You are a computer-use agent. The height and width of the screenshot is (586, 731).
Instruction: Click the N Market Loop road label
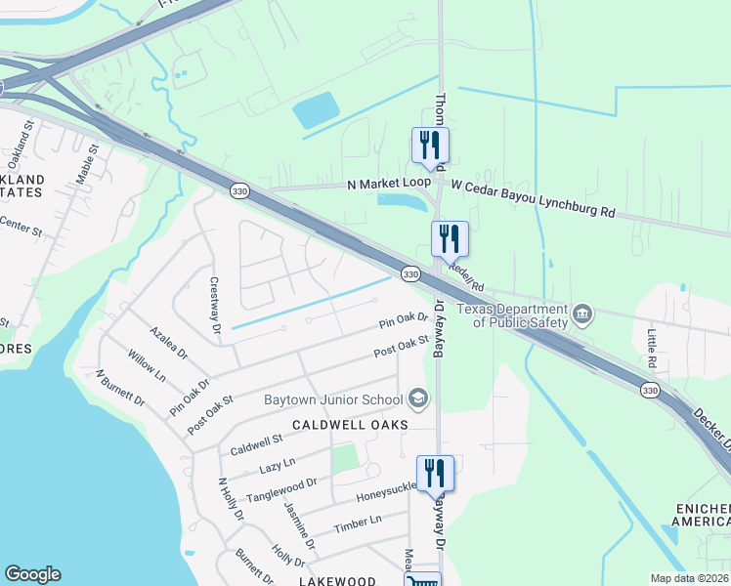coord(388,184)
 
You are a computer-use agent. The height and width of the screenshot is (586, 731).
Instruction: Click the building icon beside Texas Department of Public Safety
coord(582,313)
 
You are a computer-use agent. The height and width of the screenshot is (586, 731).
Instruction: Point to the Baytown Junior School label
coord(333,399)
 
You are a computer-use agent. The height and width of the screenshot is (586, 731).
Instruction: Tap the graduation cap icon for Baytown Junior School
coord(417,398)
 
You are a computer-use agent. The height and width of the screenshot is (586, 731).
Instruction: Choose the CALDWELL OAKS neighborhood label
coord(349,425)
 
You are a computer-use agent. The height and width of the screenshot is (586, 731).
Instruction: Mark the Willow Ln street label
coord(147,368)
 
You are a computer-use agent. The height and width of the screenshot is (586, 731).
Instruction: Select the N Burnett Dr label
coord(120,388)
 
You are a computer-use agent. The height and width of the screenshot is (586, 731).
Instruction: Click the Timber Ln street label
coord(357,525)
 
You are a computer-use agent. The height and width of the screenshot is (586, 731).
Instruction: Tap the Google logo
coord(32,574)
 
